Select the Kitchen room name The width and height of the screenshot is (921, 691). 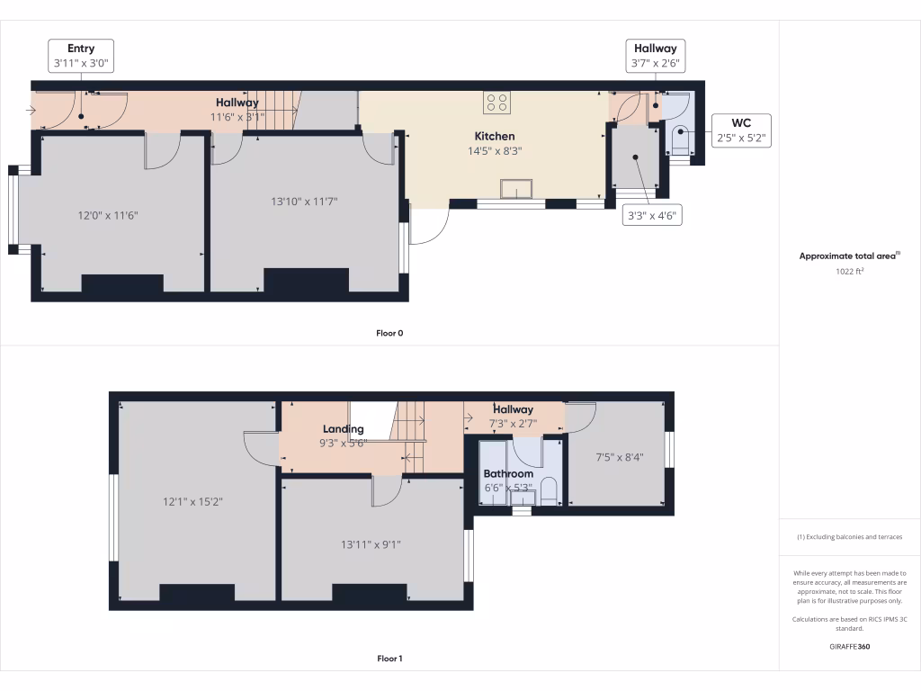click(x=495, y=137)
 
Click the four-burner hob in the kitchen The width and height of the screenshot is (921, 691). click(x=496, y=103)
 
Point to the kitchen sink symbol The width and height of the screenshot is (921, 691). click(x=516, y=189)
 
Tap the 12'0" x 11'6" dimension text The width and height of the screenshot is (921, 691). click(x=108, y=216)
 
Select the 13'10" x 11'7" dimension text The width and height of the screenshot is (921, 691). click(x=304, y=202)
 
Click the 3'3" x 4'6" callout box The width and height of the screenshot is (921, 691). click(x=652, y=216)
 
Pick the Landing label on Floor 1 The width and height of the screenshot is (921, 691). click(x=343, y=429)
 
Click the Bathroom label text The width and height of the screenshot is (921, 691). click(x=509, y=473)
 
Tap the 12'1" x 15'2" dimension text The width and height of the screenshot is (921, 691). click(x=192, y=502)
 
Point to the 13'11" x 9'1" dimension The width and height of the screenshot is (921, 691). click(x=371, y=544)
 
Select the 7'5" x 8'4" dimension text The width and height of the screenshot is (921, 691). click(x=620, y=457)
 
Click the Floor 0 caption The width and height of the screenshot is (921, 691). click(x=389, y=333)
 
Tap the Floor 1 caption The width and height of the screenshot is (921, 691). click(x=389, y=659)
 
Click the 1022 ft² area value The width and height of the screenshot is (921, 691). click(x=849, y=272)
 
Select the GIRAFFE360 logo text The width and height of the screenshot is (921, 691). click(x=849, y=646)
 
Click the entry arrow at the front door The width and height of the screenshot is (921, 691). click(x=31, y=110)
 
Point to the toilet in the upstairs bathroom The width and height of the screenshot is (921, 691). click(x=549, y=491)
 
